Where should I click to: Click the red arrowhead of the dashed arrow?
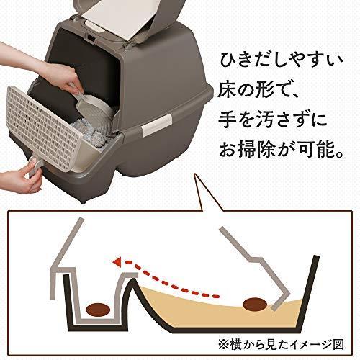(117, 262)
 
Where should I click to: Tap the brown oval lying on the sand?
(255, 305)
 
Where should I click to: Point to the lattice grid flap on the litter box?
(43, 128)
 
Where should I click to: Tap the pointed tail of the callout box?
(196, 174)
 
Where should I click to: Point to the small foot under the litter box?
(84, 201)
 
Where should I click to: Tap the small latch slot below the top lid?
(91, 37)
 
